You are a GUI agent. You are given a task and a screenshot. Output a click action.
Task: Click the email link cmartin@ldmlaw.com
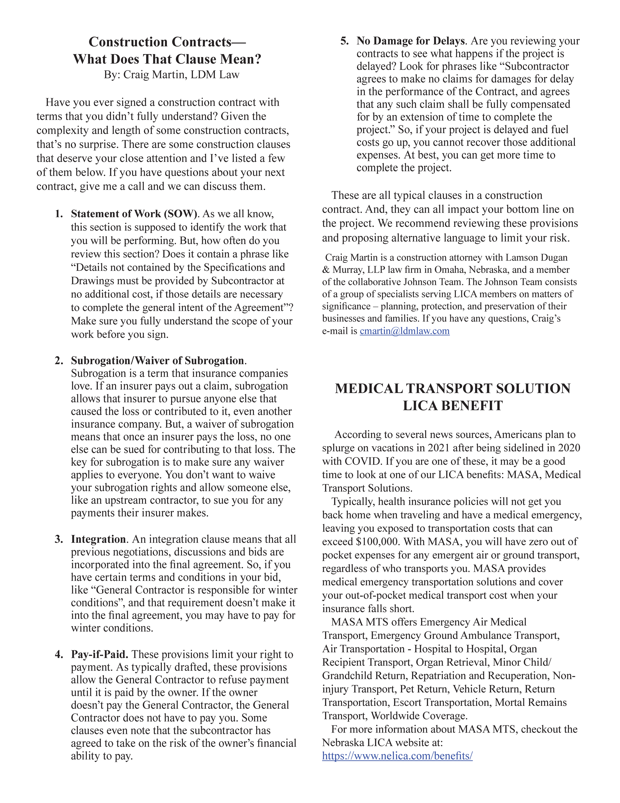point(404,331)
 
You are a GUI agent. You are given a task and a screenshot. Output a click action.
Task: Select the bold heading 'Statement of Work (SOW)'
point(134,214)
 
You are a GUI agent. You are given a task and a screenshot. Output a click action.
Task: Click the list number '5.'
point(344,41)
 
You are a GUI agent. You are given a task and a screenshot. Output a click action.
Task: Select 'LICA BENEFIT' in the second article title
point(452,406)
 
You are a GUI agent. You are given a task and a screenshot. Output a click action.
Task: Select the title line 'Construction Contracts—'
point(167,42)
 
